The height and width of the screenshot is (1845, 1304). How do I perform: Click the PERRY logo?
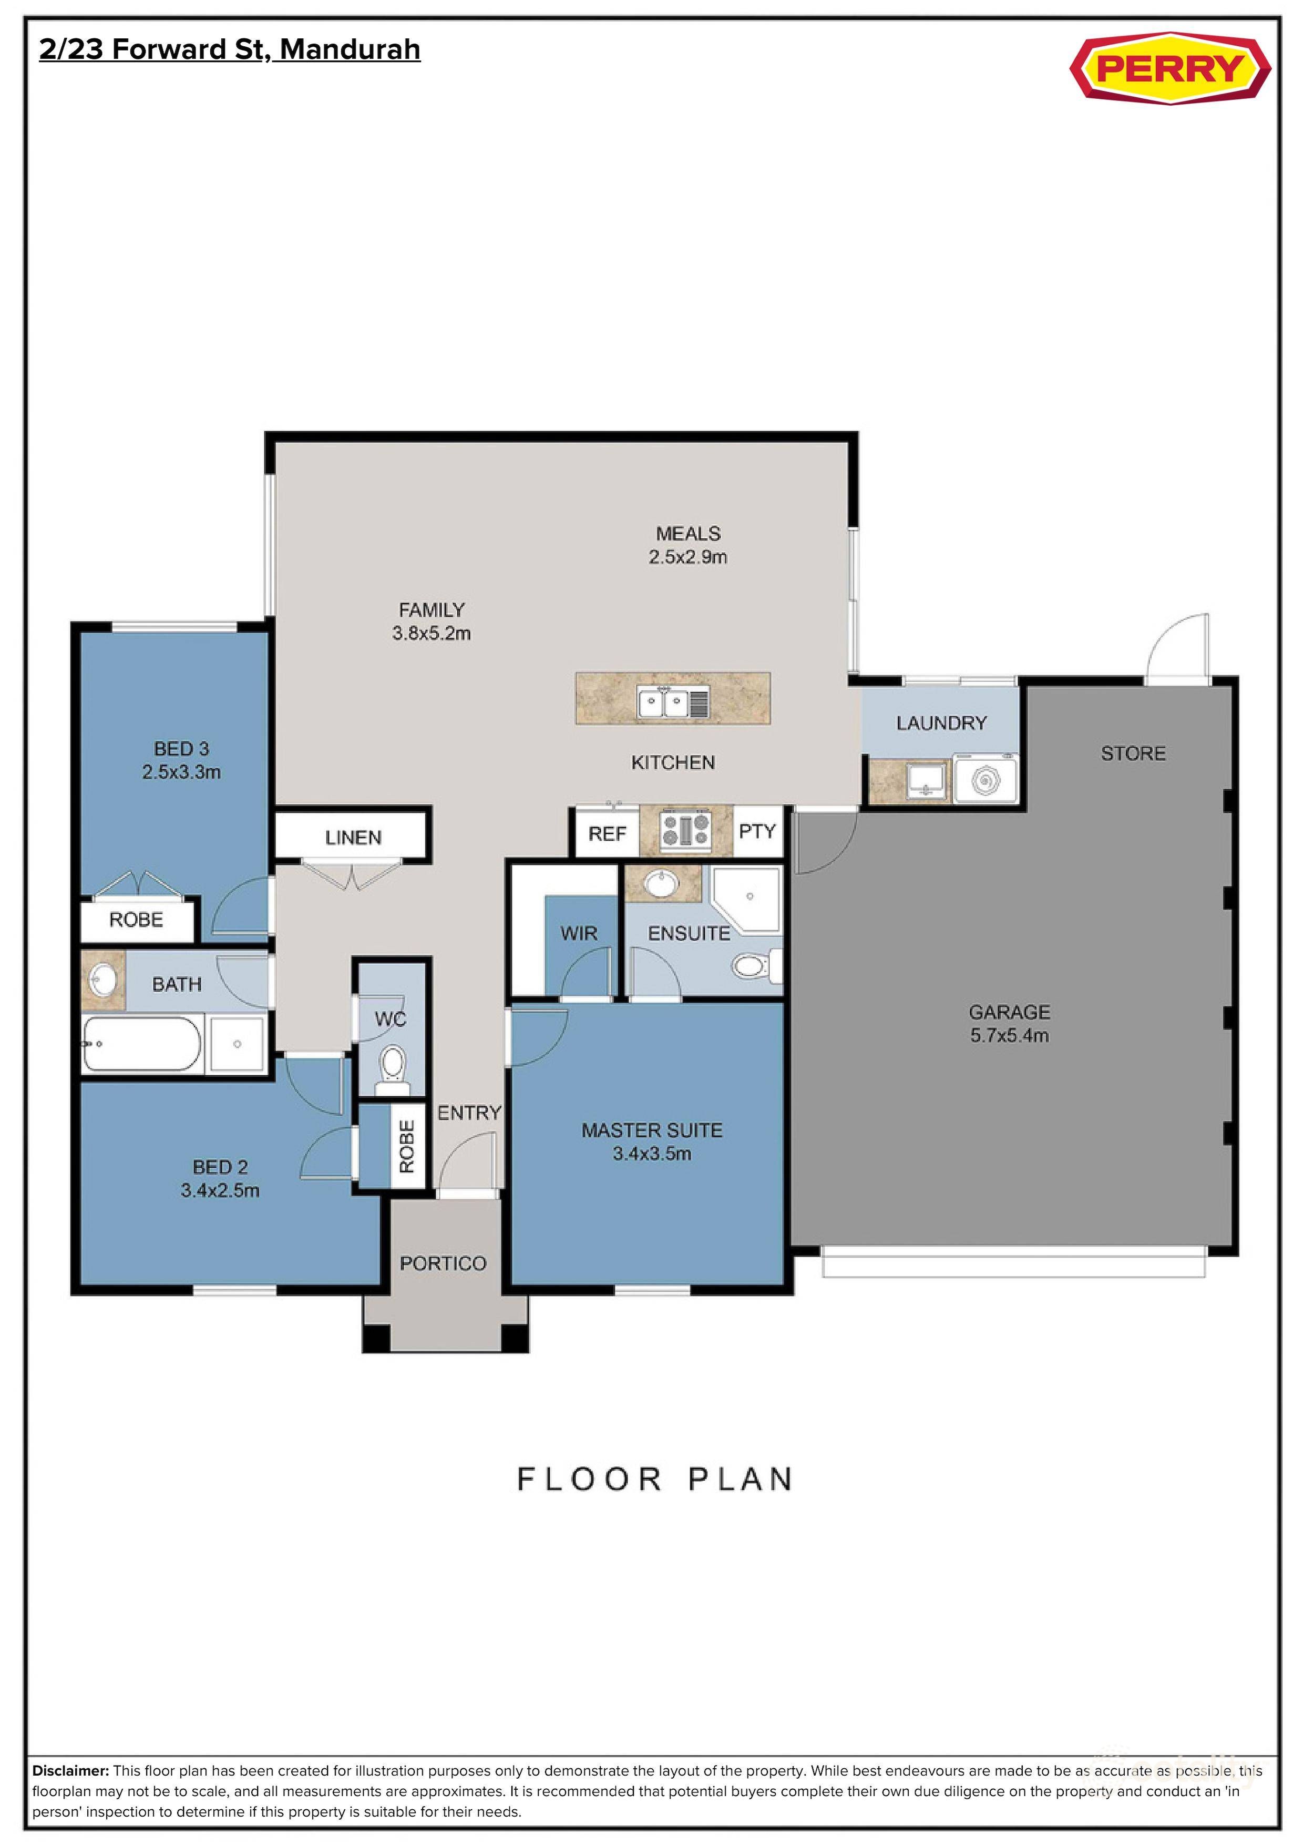point(1170,68)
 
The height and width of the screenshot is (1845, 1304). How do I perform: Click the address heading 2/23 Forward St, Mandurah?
point(230,50)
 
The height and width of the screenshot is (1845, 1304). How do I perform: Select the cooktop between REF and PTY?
point(685,831)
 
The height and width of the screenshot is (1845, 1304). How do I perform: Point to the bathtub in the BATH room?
point(142,1044)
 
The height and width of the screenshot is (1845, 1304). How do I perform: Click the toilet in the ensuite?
point(755,965)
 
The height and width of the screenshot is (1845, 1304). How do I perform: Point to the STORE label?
point(1132,753)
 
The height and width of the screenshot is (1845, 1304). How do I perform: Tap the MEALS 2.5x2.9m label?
point(688,545)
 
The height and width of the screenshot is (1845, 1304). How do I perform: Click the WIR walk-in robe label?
point(579,933)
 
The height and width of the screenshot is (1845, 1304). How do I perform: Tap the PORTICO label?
point(443,1263)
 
